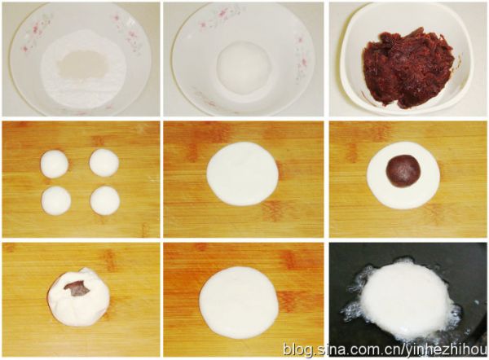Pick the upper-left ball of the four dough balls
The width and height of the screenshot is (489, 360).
[x=55, y=164]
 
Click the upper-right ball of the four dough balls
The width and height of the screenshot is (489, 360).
[x=104, y=162]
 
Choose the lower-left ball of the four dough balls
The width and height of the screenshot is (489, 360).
[x=56, y=200]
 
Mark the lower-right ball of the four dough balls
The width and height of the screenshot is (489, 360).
[x=105, y=200]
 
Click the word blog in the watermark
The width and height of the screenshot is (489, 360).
[x=298, y=349]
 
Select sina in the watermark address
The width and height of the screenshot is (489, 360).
[x=328, y=349]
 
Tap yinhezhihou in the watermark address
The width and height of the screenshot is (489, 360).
[x=446, y=349]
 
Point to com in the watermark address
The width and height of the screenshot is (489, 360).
[x=359, y=349]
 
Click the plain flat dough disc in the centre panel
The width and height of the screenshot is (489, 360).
[x=242, y=173]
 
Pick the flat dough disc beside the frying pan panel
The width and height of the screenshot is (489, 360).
[x=239, y=302]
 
